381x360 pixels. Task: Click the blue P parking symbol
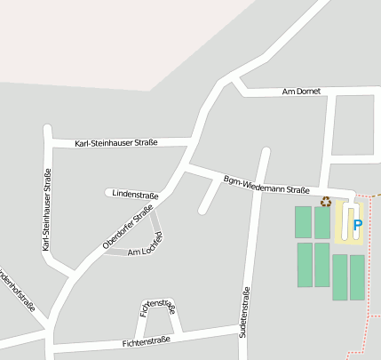(357, 225)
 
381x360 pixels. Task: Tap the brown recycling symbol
(326, 202)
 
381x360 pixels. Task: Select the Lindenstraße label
(136, 195)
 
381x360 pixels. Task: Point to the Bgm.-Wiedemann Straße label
(266, 185)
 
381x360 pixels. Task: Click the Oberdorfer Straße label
(128, 227)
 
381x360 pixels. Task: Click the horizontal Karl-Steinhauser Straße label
(116, 142)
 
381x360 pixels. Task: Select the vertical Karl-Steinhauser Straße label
(47, 210)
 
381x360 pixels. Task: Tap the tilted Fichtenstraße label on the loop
(158, 308)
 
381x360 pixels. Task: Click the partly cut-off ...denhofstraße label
(17, 289)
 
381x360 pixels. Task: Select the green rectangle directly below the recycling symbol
(321, 222)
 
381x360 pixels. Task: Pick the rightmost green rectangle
(357, 277)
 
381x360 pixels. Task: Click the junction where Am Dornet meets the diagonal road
(233, 84)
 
